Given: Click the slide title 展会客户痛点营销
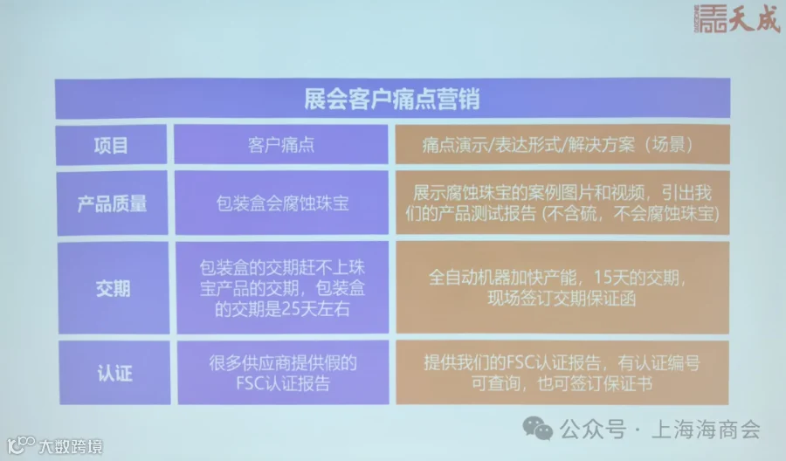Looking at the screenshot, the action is coord(392,99).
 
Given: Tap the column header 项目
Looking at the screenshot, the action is coord(111,145).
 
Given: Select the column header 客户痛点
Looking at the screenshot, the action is coord(281,145).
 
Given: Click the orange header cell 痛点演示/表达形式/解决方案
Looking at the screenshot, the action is coord(557,145).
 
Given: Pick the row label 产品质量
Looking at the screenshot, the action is coord(113,203).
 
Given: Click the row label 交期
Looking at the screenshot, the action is coord(113,288).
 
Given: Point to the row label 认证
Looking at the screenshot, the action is coord(114,374).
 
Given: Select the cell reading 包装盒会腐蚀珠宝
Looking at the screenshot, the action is coord(282,203).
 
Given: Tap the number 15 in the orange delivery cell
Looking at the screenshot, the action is coord(603,277).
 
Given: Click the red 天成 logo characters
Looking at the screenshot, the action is coord(755,18).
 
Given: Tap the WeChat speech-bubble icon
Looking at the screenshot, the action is coord(537,429).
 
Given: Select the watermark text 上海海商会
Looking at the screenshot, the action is coord(706,430).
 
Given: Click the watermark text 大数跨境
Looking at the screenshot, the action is coord(71,446).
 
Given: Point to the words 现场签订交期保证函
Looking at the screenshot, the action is coord(562,299).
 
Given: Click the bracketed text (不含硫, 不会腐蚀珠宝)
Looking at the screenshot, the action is coord(631,214).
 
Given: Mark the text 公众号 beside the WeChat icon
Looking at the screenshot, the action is coord(593,430).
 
